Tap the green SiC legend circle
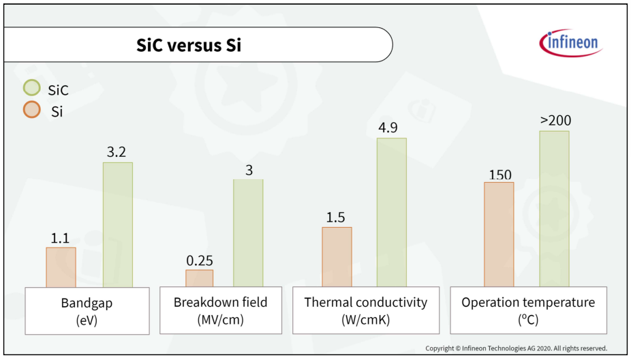pos(32,88)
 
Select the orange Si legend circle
pos(32,110)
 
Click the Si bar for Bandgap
pos(61,267)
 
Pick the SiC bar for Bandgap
pos(118,224)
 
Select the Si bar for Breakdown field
pos(199,278)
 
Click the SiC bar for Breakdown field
pos(248,232)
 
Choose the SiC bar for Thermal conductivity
pos(391,212)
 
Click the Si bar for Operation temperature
pos(499,235)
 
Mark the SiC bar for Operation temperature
pos(554,209)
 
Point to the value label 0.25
pos(200,260)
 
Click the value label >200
pos(555,121)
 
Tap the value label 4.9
pos(391,128)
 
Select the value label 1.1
pos(61,238)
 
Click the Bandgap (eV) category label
pos(87,311)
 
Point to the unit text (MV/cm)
pos(220,320)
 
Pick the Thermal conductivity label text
pos(365,302)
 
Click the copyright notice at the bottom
pos(516,348)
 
